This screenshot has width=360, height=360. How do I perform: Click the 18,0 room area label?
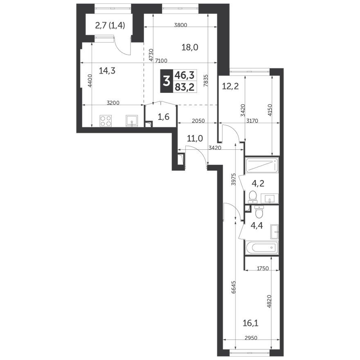point(190,47)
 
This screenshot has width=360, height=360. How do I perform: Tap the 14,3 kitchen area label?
point(107,71)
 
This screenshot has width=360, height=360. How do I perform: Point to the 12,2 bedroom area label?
point(229,86)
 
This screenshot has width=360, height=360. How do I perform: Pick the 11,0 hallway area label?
point(195,138)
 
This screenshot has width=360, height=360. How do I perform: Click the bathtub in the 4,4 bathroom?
point(261,248)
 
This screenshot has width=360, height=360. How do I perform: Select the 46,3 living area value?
point(185,75)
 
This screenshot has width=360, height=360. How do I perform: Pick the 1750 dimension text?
point(262,268)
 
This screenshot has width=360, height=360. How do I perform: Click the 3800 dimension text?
point(180,25)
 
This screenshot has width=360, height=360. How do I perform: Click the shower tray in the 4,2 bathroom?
point(262,166)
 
